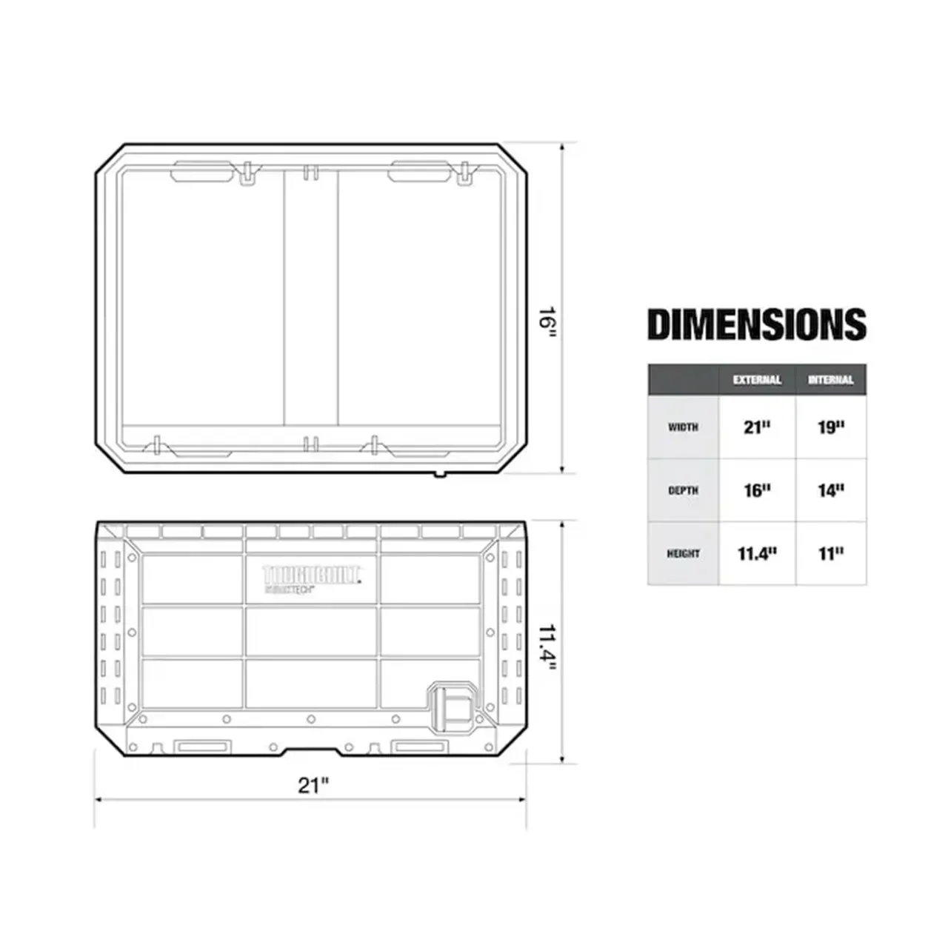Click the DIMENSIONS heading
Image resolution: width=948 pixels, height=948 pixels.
756,324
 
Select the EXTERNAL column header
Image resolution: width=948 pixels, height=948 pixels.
757,380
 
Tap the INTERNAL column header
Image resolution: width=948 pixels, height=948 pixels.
830,380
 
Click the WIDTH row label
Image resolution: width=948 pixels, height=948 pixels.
683,427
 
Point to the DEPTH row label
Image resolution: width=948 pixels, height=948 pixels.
683,490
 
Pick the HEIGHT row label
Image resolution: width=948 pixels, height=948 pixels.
683,553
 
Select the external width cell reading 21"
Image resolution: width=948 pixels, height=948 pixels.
757,427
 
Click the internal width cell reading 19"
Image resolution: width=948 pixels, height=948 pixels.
831,427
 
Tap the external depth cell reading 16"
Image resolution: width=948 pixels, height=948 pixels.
757,490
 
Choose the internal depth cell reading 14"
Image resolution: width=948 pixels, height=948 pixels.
831,490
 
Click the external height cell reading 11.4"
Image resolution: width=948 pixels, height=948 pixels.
757,553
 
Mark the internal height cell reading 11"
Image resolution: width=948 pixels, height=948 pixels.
831,553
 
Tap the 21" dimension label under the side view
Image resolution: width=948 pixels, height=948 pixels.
313,785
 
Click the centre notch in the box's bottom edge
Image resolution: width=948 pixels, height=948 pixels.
312,752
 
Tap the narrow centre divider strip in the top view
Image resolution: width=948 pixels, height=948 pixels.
311,296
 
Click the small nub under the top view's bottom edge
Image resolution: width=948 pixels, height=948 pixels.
440,474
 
